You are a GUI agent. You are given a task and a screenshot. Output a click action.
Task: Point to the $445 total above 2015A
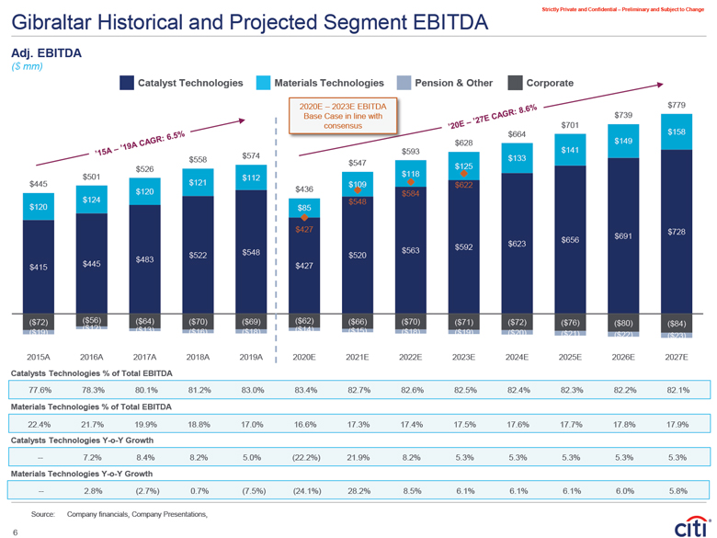(39, 185)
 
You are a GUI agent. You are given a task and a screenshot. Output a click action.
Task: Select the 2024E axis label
(517, 354)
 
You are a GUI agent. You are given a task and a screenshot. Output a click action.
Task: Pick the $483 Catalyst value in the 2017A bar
(144, 259)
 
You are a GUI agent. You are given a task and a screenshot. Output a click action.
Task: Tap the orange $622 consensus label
(463, 185)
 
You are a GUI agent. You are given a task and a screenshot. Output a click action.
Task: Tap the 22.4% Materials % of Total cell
(39, 423)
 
